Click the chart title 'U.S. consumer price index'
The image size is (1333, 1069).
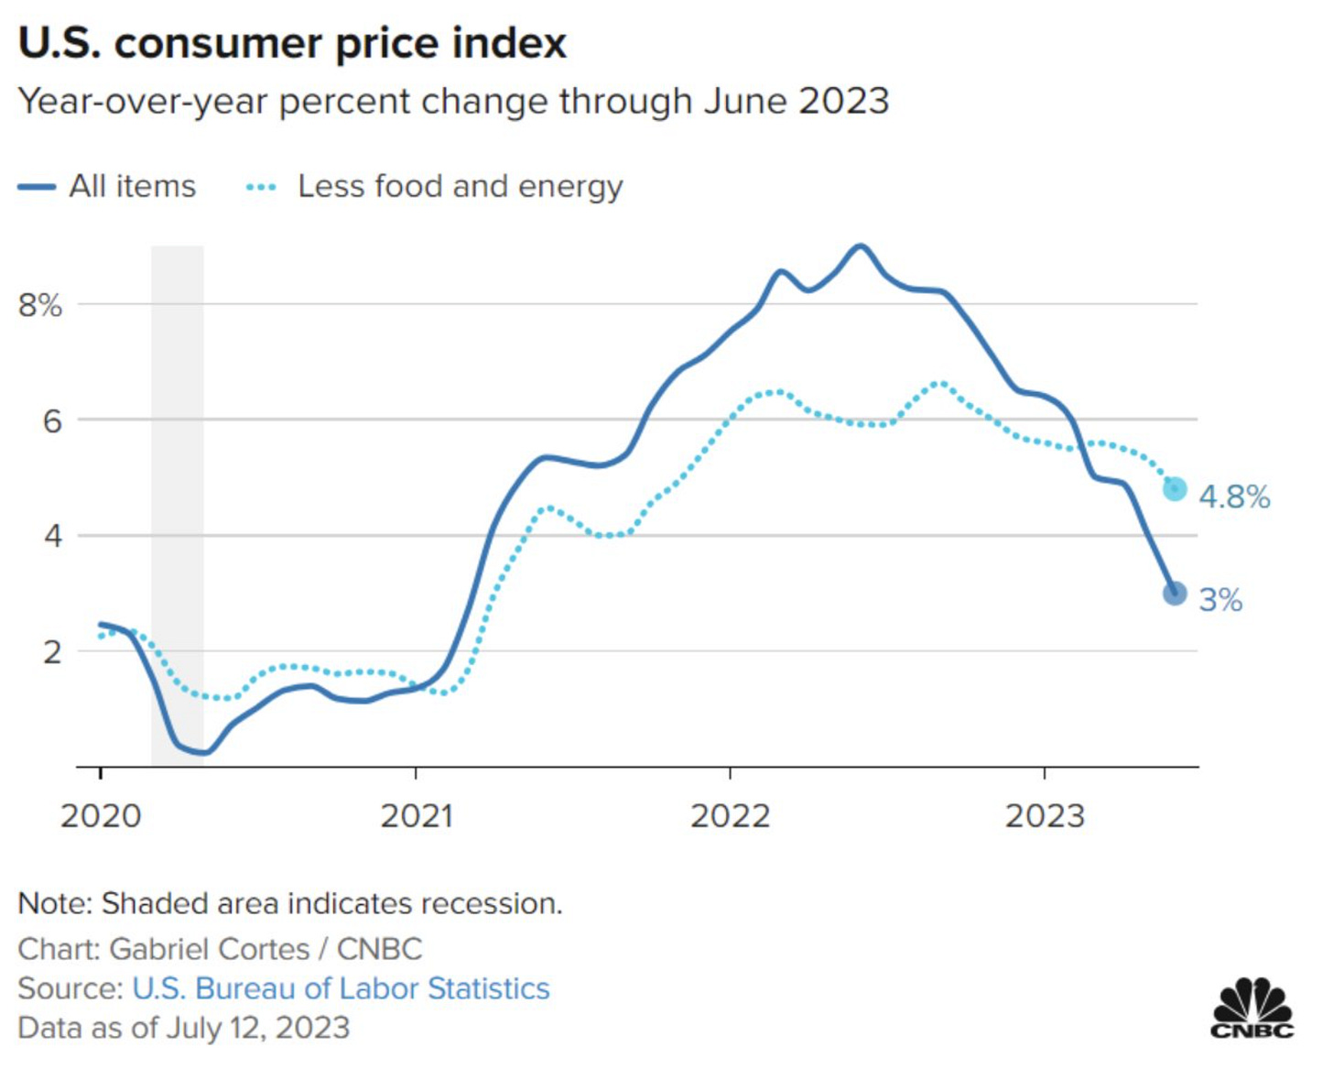[x=292, y=43]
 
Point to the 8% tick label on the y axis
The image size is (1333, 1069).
[x=40, y=305]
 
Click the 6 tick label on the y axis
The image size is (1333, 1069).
[x=52, y=420]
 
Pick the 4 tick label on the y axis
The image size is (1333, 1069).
[x=52, y=536]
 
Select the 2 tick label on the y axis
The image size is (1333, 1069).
[x=52, y=652]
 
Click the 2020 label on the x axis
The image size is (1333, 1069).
[x=101, y=815]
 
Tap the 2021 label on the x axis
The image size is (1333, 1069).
[x=416, y=815]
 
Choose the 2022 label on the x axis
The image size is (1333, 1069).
[x=731, y=815]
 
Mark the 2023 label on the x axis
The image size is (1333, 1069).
[x=1045, y=815]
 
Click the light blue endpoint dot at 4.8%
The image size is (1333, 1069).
[x=1175, y=489]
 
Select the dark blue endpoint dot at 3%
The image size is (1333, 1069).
[x=1175, y=594]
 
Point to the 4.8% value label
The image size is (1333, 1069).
[x=1234, y=497]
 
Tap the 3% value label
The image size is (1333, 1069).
[x=1220, y=600]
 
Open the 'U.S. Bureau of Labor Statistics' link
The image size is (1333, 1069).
[x=341, y=988]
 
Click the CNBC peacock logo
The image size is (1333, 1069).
[x=1252, y=1008]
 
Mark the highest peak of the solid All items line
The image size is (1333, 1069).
[x=860, y=245]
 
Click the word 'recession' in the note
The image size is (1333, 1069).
[x=490, y=903]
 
